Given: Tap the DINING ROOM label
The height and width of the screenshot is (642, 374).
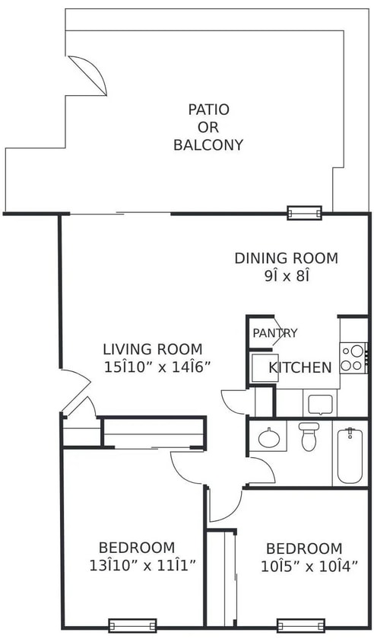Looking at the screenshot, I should click(x=285, y=258).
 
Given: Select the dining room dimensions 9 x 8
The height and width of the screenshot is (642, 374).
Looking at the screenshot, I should click(x=285, y=276).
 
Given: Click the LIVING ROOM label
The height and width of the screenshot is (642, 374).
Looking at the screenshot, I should click(x=153, y=349).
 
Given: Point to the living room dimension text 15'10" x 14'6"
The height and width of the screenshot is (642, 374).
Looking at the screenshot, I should click(x=157, y=367).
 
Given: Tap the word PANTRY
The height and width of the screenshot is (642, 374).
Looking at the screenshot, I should click(x=274, y=333).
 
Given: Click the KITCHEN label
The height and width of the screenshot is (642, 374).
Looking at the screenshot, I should click(x=300, y=367).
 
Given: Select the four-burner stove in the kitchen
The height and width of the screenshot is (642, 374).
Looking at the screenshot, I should click(x=353, y=358).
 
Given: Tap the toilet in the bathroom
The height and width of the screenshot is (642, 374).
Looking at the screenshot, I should click(x=308, y=437).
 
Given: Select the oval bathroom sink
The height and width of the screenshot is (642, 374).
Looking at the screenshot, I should click(x=268, y=437).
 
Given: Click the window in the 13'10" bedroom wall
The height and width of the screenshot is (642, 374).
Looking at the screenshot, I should click(x=132, y=626).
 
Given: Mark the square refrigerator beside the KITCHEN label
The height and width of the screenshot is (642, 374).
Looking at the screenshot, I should click(x=261, y=367).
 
